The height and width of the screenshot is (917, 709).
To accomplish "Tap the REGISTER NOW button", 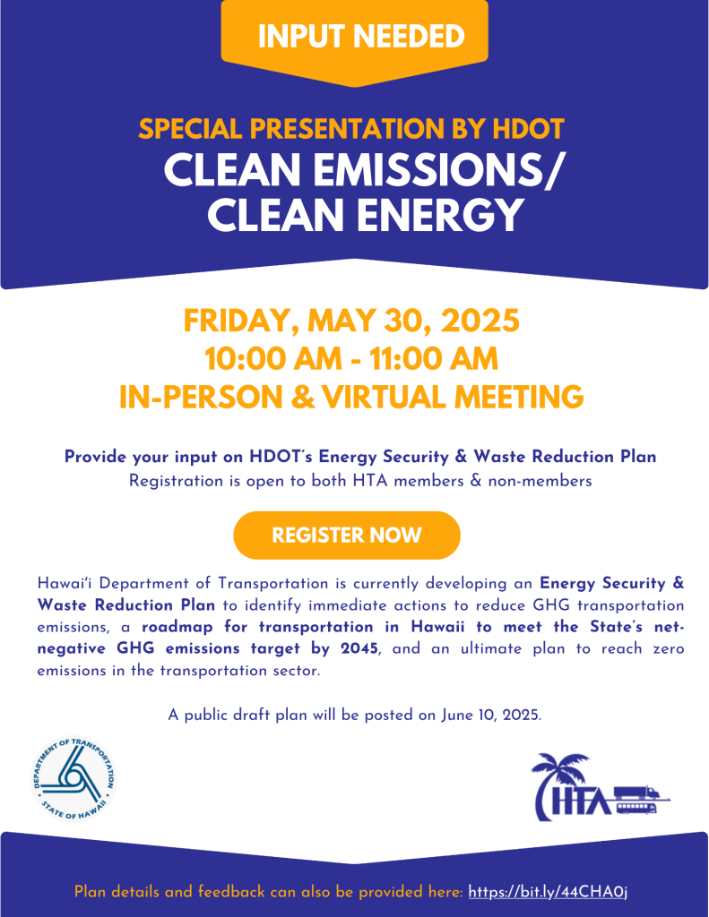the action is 347,536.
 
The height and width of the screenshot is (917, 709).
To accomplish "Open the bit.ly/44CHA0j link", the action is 548,892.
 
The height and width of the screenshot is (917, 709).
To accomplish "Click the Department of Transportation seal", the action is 73,778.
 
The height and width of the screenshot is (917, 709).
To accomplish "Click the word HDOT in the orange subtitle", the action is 528,129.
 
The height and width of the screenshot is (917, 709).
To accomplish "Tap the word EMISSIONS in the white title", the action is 428,170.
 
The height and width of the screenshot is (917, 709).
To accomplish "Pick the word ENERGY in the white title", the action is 439,215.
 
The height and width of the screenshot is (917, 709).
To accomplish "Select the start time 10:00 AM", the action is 272,358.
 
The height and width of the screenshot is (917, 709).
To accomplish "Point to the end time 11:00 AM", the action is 434,358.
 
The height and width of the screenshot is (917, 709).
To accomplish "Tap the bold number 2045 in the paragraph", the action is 359,648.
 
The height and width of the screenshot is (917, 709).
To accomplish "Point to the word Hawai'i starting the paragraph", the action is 65,583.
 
